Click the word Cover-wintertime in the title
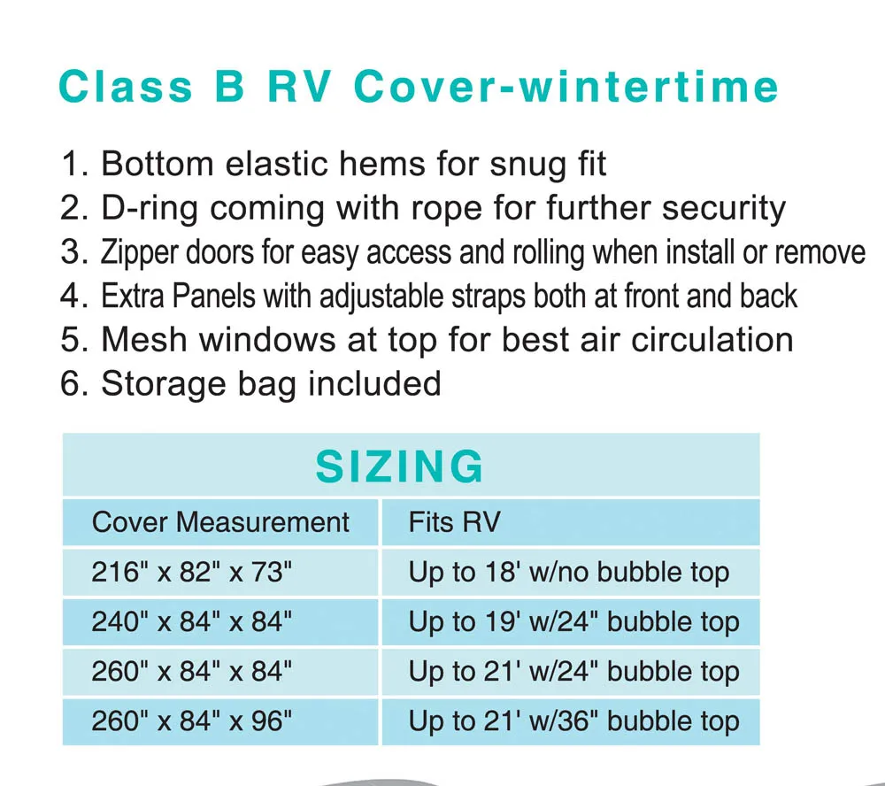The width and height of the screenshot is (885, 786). click(566, 87)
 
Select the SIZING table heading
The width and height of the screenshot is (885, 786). click(400, 466)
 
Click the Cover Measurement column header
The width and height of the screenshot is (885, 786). click(220, 521)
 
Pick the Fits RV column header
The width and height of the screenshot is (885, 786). click(454, 521)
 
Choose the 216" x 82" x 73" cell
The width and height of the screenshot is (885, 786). click(191, 573)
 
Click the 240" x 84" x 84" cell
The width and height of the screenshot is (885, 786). click(191, 622)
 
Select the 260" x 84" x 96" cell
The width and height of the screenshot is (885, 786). click(191, 721)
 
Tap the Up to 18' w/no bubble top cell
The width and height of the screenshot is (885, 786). click(569, 573)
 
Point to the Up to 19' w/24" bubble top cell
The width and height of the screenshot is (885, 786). click(573, 622)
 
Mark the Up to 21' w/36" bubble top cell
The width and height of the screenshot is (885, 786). click(573, 721)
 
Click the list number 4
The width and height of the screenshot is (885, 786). click(71, 297)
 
